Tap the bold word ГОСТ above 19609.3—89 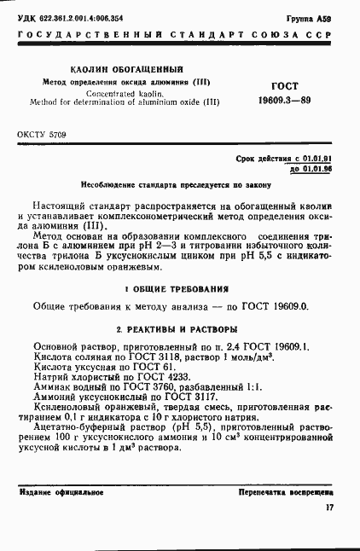(283, 86)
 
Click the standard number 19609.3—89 (283, 101)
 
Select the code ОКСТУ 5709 (41, 135)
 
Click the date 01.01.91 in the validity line (313, 159)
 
